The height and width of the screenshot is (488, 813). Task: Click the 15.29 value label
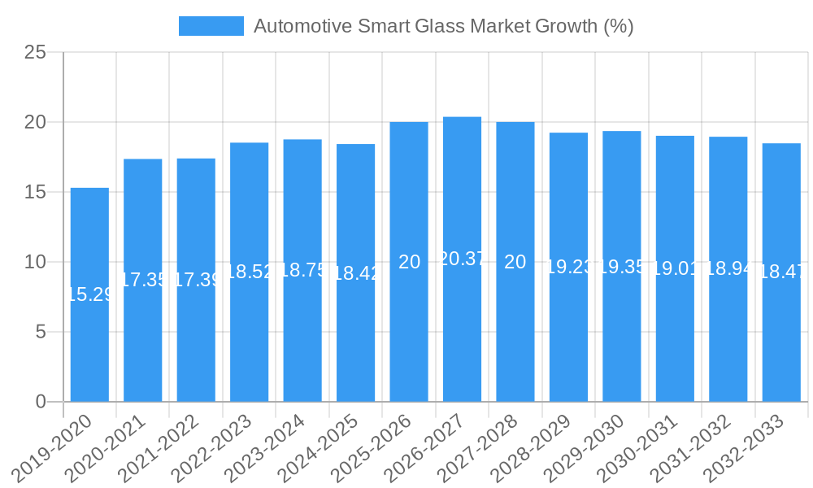coord(89,294)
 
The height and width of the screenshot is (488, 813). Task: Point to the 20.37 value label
coord(462,259)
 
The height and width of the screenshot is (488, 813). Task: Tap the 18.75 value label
coord(302,271)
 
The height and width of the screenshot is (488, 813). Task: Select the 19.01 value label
coord(675,269)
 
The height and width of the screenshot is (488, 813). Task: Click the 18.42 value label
coord(355,273)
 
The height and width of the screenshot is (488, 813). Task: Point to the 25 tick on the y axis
coord(35,53)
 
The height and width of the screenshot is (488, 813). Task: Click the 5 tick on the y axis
coord(41,332)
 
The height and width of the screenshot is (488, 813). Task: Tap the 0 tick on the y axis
coord(41,402)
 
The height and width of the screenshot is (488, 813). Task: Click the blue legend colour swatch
coord(211,26)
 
